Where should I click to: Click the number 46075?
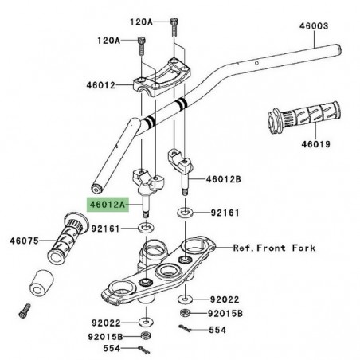click(x=25, y=240)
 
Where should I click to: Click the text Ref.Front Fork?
click(x=274, y=248)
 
